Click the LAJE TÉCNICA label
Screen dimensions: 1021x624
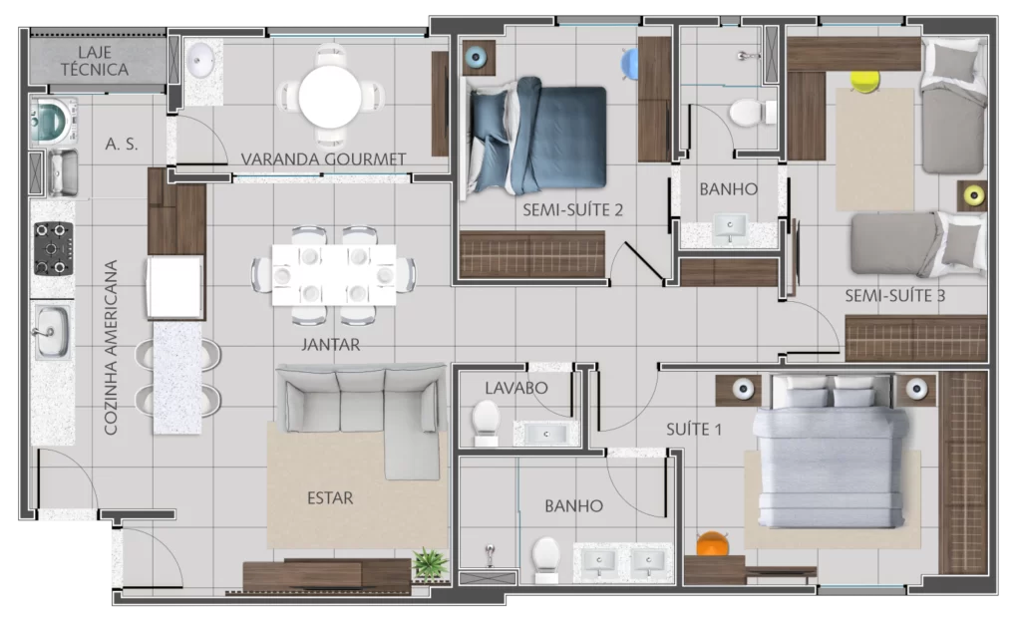click(x=95, y=61)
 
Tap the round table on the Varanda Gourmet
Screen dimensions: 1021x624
click(x=330, y=97)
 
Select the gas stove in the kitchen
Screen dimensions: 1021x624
click(x=53, y=248)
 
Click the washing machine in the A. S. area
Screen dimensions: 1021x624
click(x=54, y=121)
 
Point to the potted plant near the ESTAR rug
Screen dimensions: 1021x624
click(x=431, y=563)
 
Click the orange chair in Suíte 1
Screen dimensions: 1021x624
click(x=712, y=543)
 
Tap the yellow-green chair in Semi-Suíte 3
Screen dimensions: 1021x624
click(x=864, y=81)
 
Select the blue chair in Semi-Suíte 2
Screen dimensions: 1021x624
click(x=630, y=64)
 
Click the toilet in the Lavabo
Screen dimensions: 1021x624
click(x=486, y=422)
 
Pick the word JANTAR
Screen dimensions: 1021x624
click(x=330, y=344)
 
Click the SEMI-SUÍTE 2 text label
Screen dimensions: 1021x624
click(x=572, y=209)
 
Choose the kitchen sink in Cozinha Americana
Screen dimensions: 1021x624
click(x=52, y=332)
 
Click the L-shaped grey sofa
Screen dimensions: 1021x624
click(x=362, y=417)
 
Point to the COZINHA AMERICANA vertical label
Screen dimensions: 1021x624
click(x=111, y=348)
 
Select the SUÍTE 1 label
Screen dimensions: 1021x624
click(x=694, y=430)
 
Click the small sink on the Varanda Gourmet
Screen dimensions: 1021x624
click(x=201, y=61)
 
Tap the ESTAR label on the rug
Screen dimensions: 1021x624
click(x=330, y=498)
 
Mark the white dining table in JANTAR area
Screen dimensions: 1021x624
click(x=333, y=274)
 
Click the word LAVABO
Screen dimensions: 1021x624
click(x=516, y=388)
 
